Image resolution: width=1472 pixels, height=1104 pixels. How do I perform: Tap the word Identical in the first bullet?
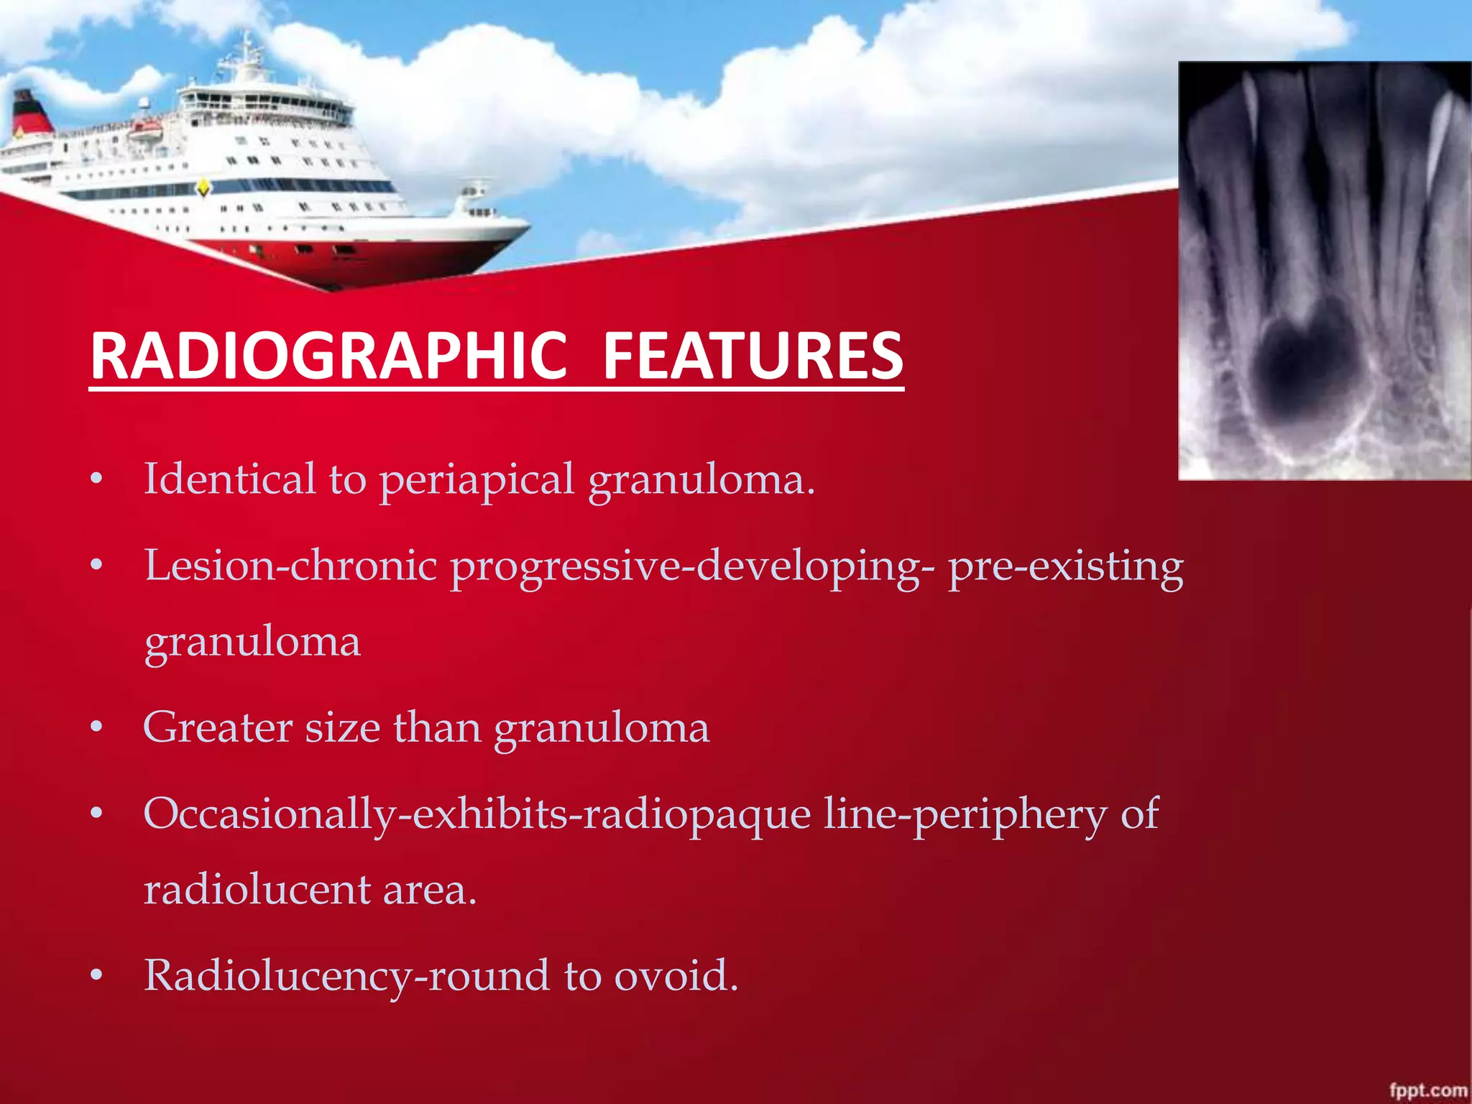(229, 479)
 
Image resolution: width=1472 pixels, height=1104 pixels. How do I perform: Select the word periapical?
(477, 480)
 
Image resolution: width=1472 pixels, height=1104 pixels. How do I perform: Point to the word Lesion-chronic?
(290, 566)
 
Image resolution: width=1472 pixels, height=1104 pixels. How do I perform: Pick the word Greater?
(217, 727)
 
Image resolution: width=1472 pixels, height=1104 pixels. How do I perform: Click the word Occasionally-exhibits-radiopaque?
(477, 814)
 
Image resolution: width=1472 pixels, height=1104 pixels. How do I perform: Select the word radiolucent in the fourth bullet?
(257, 890)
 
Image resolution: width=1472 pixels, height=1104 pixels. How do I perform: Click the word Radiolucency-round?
(347, 976)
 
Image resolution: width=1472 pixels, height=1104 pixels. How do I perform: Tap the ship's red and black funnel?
(30, 114)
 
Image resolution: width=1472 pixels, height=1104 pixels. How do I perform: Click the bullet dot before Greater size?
(97, 728)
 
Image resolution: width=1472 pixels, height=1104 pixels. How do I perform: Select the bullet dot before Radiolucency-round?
(97, 976)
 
